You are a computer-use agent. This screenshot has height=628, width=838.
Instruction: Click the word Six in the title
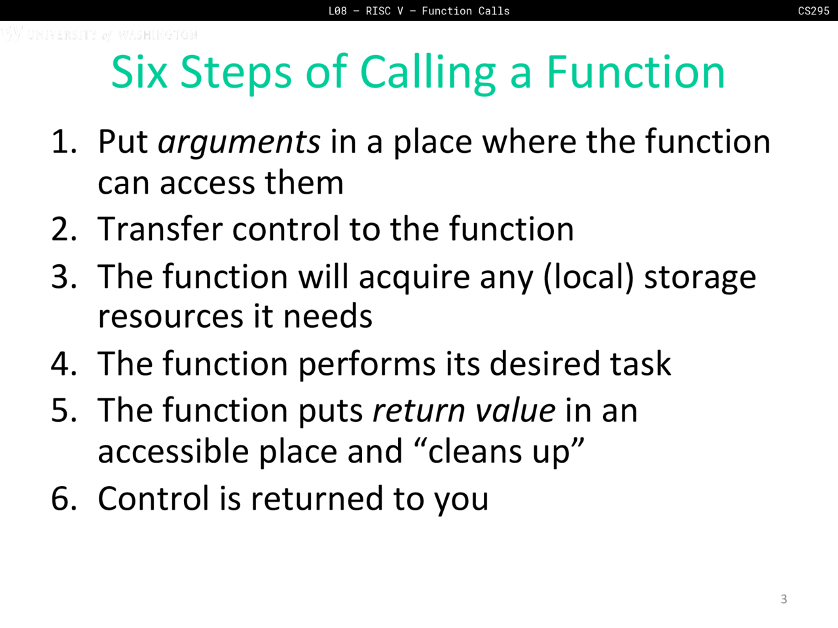click(139, 72)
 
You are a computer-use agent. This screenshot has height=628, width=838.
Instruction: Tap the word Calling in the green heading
click(428, 74)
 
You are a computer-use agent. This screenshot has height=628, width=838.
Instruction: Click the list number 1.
click(64, 141)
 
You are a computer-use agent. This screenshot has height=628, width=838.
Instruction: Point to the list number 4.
click(64, 363)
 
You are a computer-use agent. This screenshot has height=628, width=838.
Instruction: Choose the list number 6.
click(64, 498)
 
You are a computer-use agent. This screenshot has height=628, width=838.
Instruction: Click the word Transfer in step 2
click(160, 228)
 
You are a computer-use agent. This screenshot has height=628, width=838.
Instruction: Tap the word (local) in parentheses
click(589, 277)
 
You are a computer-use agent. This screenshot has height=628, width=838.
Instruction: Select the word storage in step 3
click(700, 279)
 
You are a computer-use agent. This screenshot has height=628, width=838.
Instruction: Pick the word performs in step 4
click(367, 365)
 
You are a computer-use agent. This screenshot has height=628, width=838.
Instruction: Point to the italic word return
click(419, 411)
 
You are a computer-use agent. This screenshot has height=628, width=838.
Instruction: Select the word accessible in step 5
click(173, 451)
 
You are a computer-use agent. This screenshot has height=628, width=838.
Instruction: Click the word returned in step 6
click(317, 498)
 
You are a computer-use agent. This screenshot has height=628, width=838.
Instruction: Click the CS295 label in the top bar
click(814, 10)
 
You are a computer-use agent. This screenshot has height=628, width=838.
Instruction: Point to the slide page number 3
click(784, 599)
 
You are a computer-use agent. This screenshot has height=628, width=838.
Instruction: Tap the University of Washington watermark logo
click(100, 34)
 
